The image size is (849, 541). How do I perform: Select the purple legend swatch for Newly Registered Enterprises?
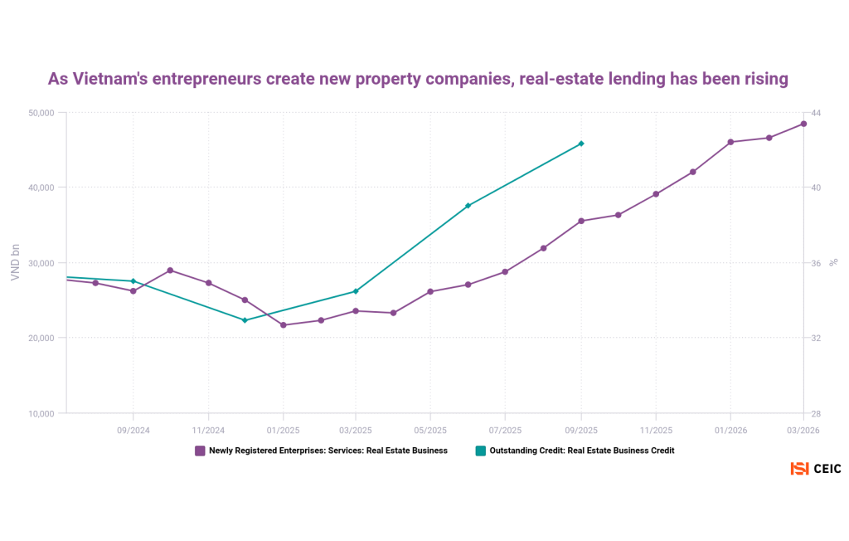(200, 451)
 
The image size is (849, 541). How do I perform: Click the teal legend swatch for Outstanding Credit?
(480, 451)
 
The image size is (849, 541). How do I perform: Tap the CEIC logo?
(816, 469)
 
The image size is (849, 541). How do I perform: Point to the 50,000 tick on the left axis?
(37, 112)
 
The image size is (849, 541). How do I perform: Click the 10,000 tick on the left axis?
(37, 413)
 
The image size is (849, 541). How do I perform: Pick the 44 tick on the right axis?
(816, 112)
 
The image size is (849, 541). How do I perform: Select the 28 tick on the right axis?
(816, 413)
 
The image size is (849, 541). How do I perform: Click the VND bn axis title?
(15, 262)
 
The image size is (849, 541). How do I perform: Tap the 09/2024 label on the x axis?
(133, 430)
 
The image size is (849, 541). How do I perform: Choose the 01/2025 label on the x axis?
(283, 430)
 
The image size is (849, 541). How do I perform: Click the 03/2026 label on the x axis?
(803, 430)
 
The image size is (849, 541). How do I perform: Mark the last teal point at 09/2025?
(581, 144)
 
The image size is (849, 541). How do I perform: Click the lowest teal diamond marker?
(245, 320)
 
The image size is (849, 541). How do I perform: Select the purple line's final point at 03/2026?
(803, 124)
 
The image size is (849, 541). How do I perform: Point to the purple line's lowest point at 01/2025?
(283, 325)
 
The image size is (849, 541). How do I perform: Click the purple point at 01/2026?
(730, 142)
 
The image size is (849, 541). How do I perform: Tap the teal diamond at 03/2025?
(356, 291)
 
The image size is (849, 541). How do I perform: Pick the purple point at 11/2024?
(208, 283)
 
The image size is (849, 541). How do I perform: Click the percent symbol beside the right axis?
(834, 262)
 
